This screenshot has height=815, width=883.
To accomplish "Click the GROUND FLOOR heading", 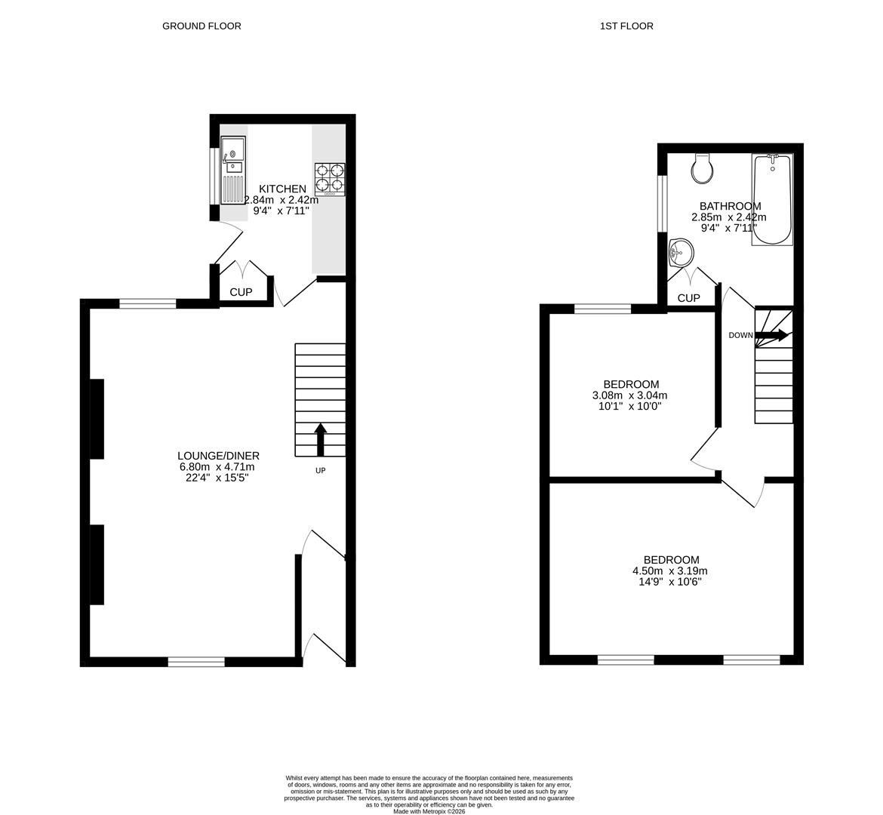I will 202,26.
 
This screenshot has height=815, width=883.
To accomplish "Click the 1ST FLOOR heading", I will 626,26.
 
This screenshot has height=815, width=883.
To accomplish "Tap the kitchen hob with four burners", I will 330,180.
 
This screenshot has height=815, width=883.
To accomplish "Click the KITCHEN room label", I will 283,189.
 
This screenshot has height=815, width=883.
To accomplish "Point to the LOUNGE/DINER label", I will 218,456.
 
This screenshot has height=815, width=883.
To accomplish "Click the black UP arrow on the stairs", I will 320,439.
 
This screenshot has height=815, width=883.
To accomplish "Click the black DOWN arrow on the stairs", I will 772,335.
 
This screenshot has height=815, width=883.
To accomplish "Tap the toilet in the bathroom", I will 703,169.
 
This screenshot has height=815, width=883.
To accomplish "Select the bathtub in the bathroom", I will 772,199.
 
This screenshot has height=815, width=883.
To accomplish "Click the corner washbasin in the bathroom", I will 680,252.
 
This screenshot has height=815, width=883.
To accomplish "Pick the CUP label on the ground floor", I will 241,292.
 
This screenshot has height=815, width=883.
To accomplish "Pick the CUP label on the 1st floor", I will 688,298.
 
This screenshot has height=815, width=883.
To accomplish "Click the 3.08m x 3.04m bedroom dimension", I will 630,395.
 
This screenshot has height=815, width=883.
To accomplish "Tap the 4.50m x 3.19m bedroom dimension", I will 670,570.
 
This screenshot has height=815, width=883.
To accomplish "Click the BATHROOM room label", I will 730,206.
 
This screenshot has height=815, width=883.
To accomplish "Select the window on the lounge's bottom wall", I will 196,662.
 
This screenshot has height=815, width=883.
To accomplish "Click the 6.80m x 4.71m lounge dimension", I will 218,467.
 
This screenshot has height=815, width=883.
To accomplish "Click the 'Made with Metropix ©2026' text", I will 429,811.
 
